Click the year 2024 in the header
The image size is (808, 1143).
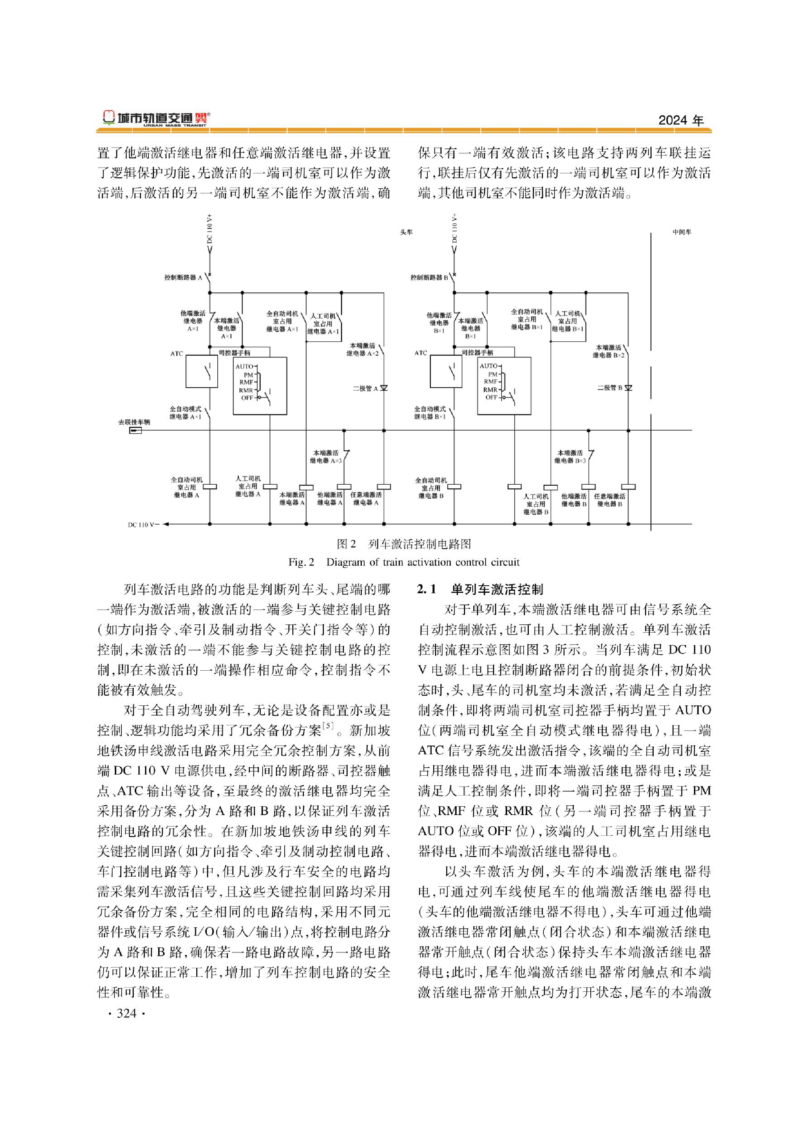[681, 120]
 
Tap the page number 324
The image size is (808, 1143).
[126, 1013]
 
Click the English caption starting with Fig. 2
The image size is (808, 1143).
[403, 562]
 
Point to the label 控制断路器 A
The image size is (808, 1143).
[183, 277]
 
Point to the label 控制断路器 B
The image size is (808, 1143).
[430, 277]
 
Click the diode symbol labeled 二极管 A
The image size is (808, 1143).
[384, 388]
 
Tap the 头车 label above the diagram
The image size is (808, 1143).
[406, 232]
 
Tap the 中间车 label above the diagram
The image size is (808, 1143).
[682, 232]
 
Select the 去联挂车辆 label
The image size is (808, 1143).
[134, 422]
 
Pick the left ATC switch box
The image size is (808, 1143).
[201, 371]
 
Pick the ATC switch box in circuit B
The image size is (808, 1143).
[446, 371]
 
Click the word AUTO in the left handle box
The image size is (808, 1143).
[244, 366]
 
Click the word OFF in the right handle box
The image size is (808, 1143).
[491, 397]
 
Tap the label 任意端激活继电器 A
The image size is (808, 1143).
[366, 498]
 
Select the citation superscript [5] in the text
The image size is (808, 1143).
[329, 725]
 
